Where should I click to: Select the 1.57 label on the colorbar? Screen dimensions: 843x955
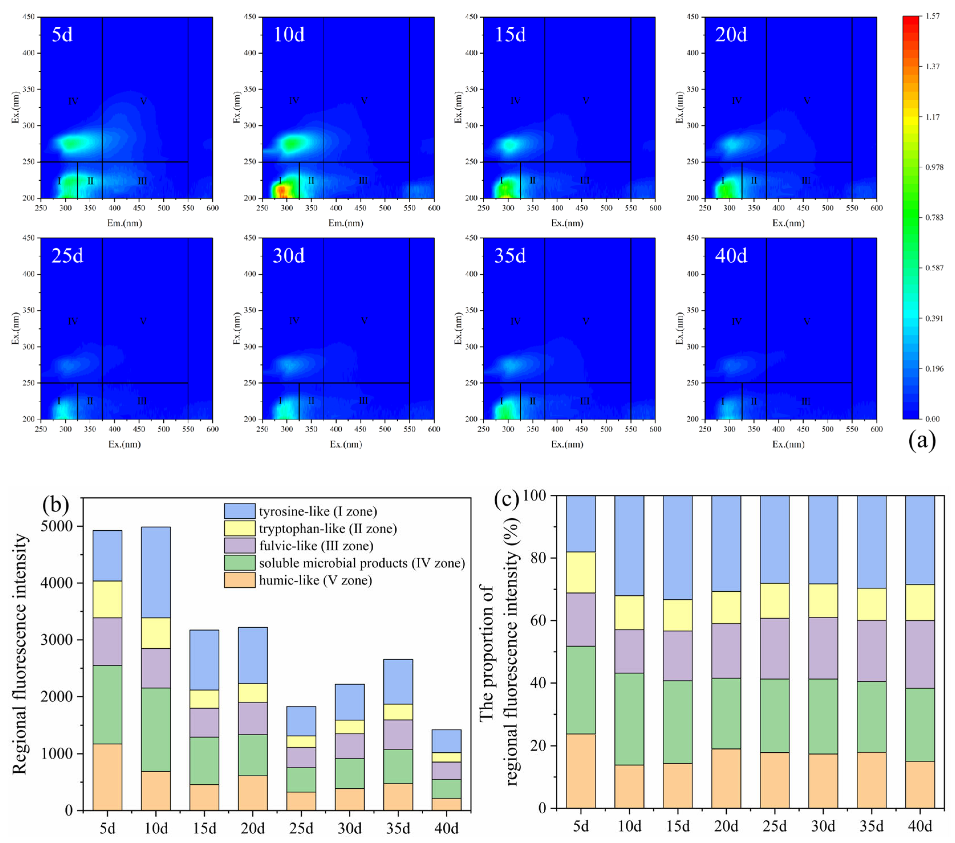click(x=932, y=16)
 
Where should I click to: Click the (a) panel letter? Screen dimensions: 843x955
click(x=922, y=440)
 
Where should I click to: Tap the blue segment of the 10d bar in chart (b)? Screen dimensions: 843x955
click(x=156, y=572)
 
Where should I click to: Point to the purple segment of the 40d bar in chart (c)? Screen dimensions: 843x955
click(x=920, y=654)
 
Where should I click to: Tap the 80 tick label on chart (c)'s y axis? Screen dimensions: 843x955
click(x=538, y=558)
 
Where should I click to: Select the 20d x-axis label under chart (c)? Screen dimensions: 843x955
click(x=726, y=826)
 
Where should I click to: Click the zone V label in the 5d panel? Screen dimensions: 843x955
click(x=143, y=101)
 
